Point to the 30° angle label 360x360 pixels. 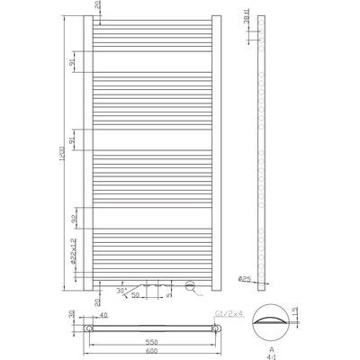(x=122, y=289)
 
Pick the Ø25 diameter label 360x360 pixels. (x=244, y=279)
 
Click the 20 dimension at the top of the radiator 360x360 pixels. (x=97, y=7)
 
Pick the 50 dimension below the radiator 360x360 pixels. (x=135, y=295)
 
